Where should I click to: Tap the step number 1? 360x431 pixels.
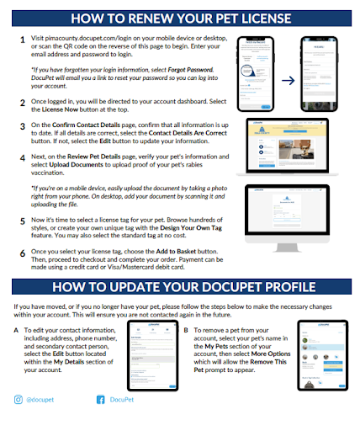[x=23, y=39]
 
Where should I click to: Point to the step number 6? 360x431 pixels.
[x=23, y=252]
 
